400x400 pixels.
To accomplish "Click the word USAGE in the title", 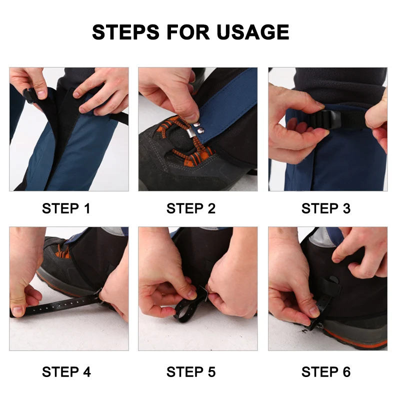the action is click(253, 32).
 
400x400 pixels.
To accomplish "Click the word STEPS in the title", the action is click(126, 32).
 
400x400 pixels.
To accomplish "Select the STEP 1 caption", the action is click(66, 208).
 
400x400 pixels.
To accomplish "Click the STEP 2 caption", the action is click(191, 208).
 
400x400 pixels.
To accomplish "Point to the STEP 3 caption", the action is click(326, 208).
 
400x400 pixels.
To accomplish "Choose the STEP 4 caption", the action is click(66, 371).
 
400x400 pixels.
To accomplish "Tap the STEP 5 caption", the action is click(191, 371).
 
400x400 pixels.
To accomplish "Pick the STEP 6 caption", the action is click(326, 371).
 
